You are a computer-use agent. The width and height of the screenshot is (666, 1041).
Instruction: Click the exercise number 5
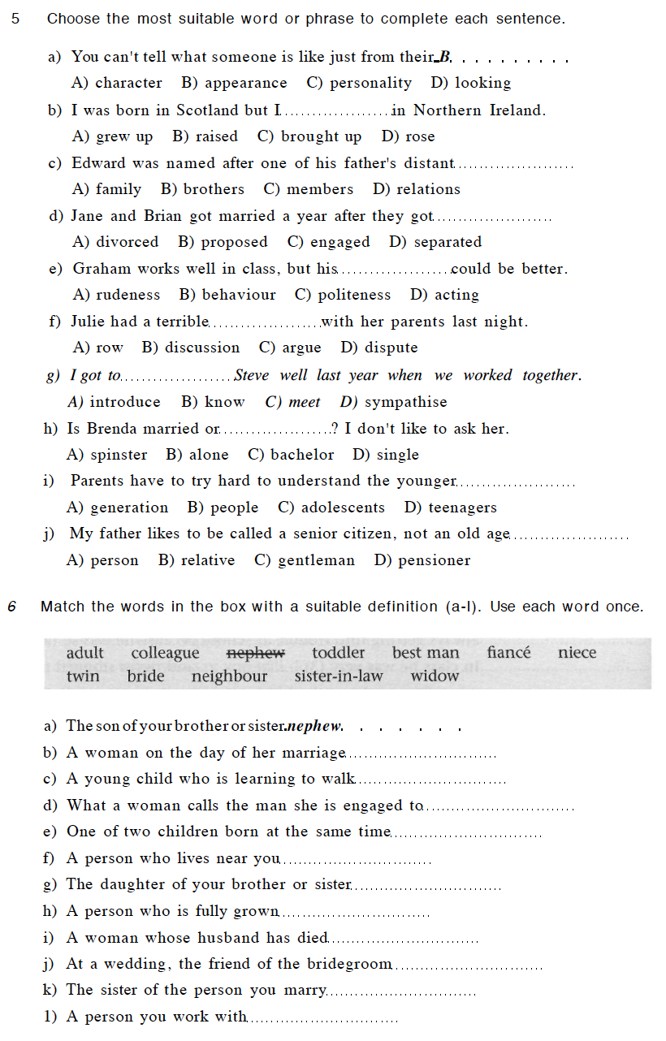tap(15, 19)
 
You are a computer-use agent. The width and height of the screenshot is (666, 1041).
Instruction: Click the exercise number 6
tap(12, 607)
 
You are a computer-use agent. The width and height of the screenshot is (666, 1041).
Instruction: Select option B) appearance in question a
tap(234, 83)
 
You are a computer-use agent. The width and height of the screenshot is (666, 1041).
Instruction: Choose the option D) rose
tap(408, 136)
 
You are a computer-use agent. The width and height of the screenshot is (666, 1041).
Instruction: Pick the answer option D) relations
tap(417, 189)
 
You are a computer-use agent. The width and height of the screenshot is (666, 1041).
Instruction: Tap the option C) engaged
tap(328, 242)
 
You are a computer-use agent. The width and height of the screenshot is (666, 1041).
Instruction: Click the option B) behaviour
tap(227, 295)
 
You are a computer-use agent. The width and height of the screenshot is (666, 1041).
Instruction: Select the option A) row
tap(97, 348)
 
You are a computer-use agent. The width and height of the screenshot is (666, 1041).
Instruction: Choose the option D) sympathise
tap(393, 402)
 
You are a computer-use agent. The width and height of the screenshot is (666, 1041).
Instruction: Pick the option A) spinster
tap(106, 455)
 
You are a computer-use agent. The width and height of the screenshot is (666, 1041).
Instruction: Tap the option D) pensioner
tap(422, 560)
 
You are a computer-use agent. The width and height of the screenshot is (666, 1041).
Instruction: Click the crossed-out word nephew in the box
tap(255, 653)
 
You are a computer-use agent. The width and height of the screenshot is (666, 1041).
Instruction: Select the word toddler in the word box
tap(338, 653)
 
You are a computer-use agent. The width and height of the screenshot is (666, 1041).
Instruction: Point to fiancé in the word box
tap(508, 653)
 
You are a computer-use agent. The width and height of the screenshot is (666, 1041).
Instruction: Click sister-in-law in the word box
tap(339, 676)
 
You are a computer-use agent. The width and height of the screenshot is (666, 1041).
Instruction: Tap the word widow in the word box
tap(435, 676)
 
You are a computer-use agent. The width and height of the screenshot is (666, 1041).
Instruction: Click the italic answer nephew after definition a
tap(316, 726)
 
